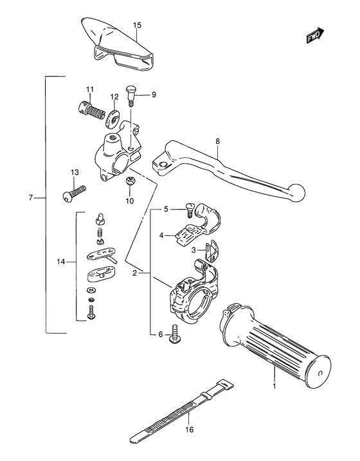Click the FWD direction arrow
(x=315, y=37)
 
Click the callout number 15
(x=136, y=25)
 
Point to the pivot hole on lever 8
(x=163, y=167)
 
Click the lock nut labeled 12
(x=115, y=118)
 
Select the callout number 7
(x=31, y=197)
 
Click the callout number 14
(x=62, y=262)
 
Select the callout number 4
(x=163, y=235)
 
